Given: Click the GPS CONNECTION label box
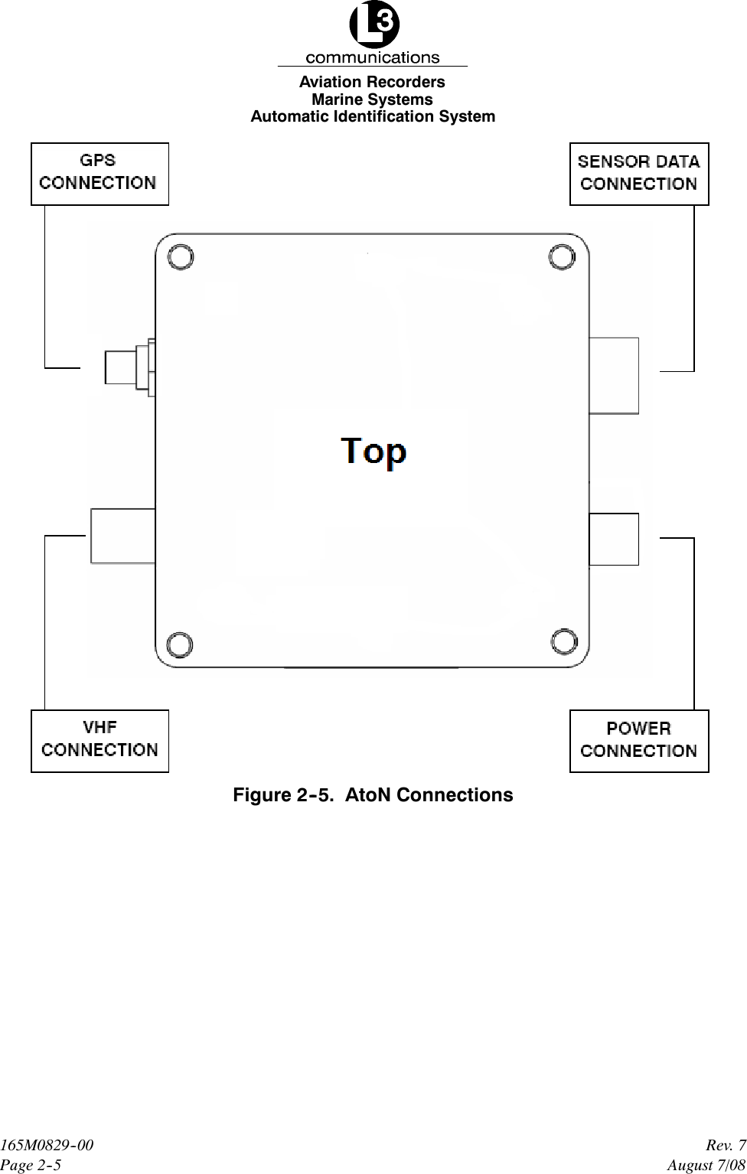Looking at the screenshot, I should coord(99,174).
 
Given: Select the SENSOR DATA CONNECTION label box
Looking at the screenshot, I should coord(639,174).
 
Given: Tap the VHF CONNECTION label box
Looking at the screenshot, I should coord(99,741).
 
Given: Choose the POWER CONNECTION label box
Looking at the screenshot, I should coord(639,741).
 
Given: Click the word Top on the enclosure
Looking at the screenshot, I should coord(373,452).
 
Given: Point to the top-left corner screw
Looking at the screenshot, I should coord(181,257).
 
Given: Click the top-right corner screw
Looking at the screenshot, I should coord(562,257).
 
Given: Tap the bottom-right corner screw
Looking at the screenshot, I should coord(563,644).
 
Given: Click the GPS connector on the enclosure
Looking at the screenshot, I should coord(127,367).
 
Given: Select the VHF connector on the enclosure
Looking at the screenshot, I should coord(122,536).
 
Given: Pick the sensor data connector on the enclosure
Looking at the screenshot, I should coord(614,375).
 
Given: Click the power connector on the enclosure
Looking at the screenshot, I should coord(614,540).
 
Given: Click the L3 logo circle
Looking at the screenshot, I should coord(373,24).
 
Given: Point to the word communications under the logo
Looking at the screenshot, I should coord(373,57).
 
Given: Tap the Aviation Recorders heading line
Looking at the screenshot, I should coord(372,82).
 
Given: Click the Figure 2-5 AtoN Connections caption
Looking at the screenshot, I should coord(373,795).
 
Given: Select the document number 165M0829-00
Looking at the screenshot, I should coord(47,1146).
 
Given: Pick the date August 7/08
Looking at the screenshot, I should coord(706,1165).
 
